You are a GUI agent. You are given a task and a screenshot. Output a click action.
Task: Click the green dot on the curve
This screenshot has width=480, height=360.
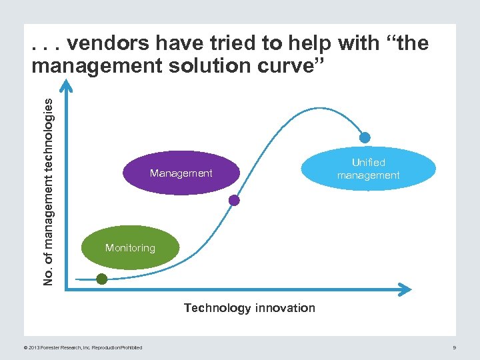coord(101,279)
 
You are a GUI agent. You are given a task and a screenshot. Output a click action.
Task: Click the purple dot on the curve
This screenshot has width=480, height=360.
coord(234,199)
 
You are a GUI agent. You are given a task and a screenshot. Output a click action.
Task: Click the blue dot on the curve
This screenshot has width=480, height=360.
coord(364,138)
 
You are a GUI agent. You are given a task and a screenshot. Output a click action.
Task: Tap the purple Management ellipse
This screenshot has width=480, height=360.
coord(181,173)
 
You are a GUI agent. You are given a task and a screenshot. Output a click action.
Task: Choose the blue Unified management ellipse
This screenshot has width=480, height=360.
coord(368,169)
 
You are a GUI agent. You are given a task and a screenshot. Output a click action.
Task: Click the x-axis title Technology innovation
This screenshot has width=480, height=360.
coord(249,308)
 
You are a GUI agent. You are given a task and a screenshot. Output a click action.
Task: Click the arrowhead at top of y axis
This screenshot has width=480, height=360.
coord(65,83)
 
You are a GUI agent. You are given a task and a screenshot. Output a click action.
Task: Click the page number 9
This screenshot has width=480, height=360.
coord(453,347)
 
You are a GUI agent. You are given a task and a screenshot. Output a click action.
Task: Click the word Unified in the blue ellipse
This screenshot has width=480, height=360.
coord(369,162)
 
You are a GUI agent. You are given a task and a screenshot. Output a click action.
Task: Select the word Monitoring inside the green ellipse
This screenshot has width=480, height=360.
coord(130,248)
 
